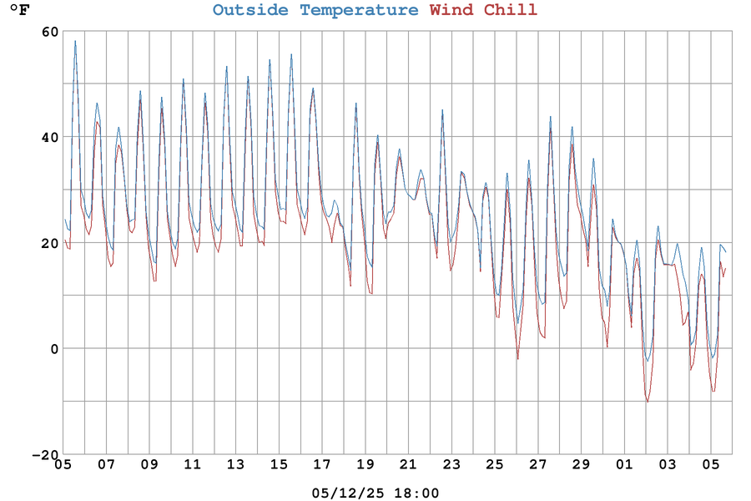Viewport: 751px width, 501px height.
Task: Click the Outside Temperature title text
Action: click(x=315, y=10)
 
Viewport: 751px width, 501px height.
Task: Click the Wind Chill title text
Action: click(x=483, y=10)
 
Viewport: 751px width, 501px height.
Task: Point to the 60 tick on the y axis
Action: click(x=49, y=32)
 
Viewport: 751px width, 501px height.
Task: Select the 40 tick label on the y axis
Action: click(x=49, y=137)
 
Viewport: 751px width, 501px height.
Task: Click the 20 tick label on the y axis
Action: click(x=49, y=243)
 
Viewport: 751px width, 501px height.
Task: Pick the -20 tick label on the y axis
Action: click(x=45, y=454)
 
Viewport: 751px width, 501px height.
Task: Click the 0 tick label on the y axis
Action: click(x=54, y=349)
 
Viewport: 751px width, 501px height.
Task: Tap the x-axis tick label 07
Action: click(x=106, y=464)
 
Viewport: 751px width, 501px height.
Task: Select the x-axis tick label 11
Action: click(x=192, y=464)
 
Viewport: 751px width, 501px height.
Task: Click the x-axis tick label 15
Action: click(x=279, y=464)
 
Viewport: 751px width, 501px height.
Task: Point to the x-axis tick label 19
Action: click(x=365, y=464)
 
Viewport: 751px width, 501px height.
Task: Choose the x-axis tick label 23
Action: click(x=451, y=464)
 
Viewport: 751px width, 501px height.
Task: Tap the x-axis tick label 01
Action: click(x=624, y=464)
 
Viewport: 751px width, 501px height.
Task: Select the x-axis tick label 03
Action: click(x=668, y=464)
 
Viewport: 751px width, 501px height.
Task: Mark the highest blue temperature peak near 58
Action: click(x=75, y=41)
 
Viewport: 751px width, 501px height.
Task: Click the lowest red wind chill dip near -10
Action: click(x=648, y=402)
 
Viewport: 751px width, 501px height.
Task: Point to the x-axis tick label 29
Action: click(x=581, y=464)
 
